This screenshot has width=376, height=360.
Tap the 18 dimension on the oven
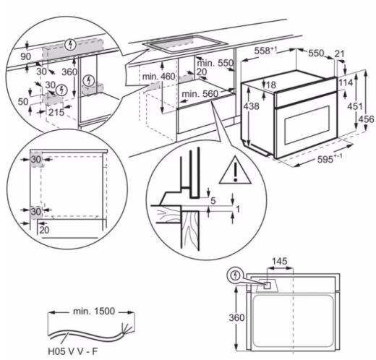tap(253, 85)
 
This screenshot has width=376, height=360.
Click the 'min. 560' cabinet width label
tap(200, 94)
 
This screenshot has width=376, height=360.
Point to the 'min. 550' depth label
tap(217, 64)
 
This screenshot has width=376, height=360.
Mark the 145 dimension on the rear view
tap(280, 260)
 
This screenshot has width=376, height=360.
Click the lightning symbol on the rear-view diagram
tap(234, 275)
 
